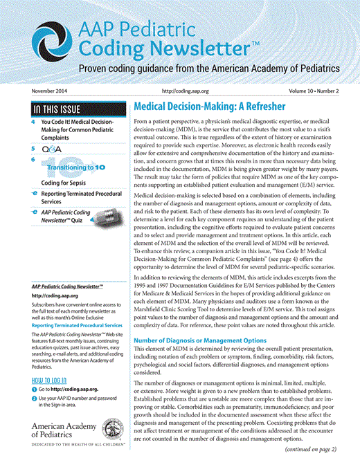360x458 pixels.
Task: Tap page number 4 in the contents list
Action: (x=33, y=122)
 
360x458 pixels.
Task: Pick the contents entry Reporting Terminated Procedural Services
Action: (x=80, y=201)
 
